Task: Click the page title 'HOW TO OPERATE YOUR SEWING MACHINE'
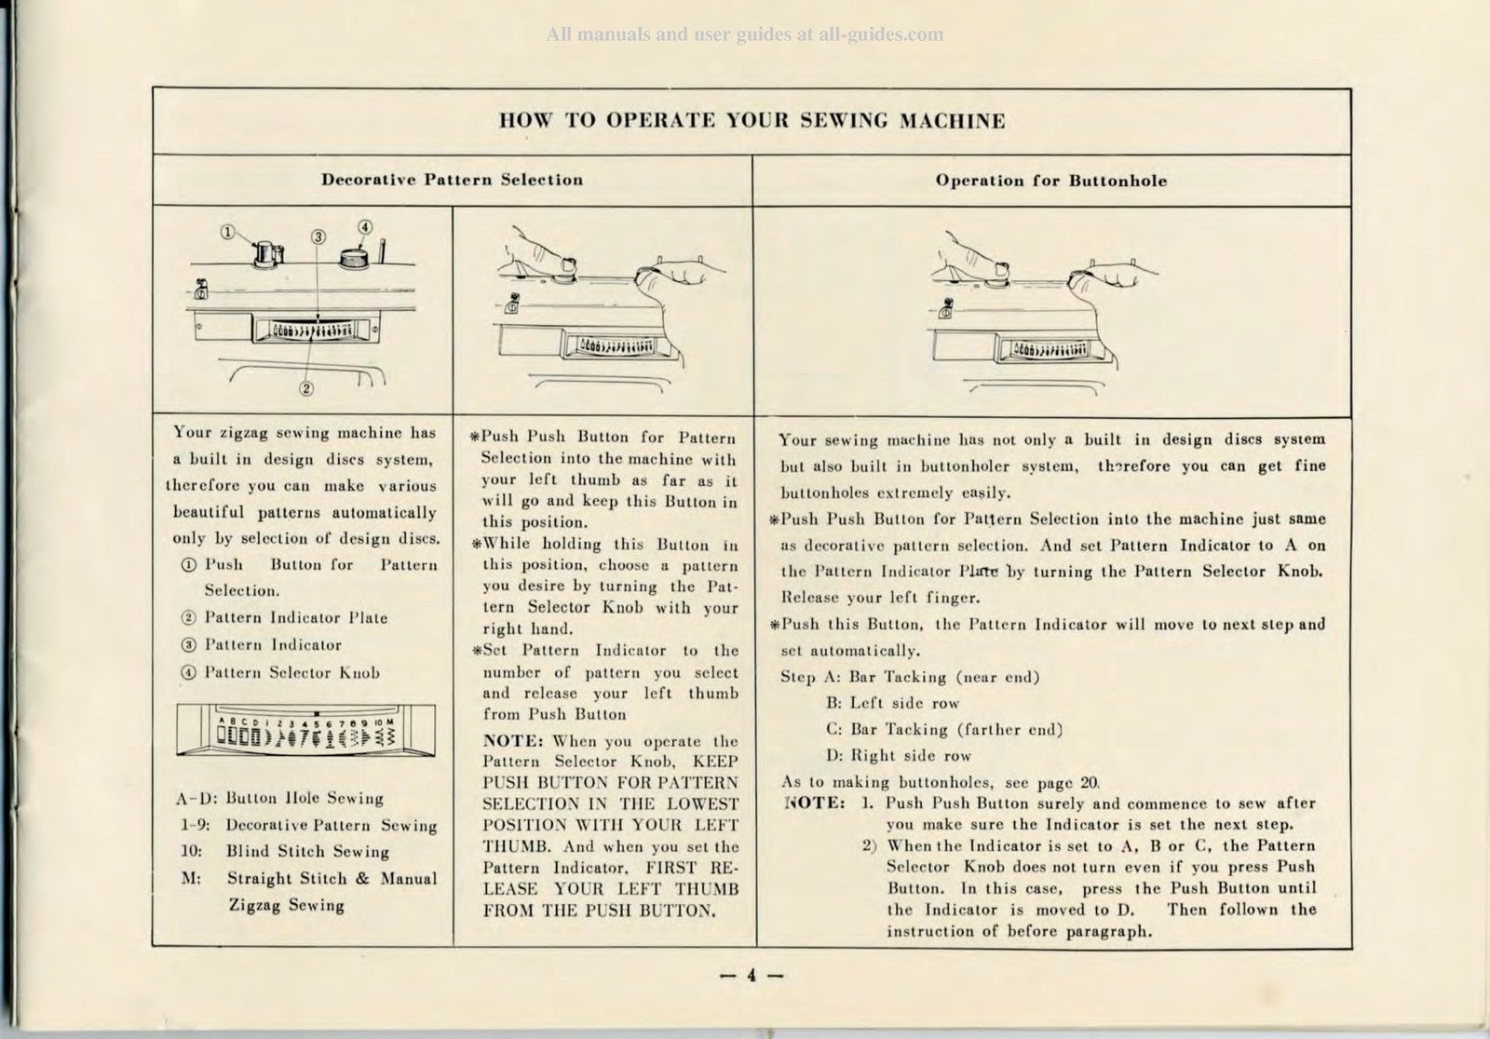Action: coord(752,121)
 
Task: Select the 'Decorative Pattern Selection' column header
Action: coord(453,180)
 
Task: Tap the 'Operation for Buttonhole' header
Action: coord(1050,181)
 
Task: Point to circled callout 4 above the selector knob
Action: coord(365,226)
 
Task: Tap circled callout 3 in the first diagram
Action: coord(318,236)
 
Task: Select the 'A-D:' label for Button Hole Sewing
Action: coord(196,798)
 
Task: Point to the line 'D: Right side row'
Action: coord(899,756)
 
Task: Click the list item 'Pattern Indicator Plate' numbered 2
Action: coord(295,617)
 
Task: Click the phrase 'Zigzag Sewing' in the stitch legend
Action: coord(286,905)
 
